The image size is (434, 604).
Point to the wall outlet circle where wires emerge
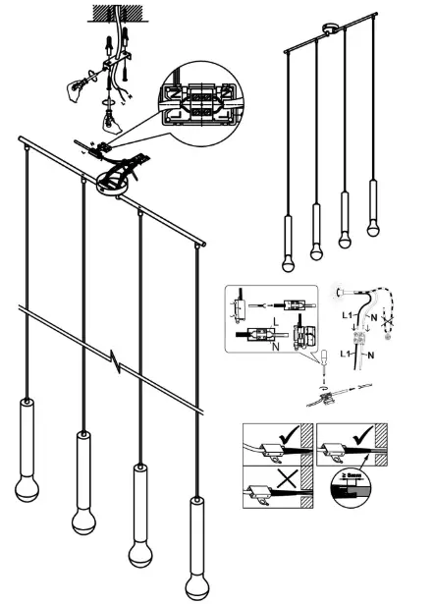point(341,291)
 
